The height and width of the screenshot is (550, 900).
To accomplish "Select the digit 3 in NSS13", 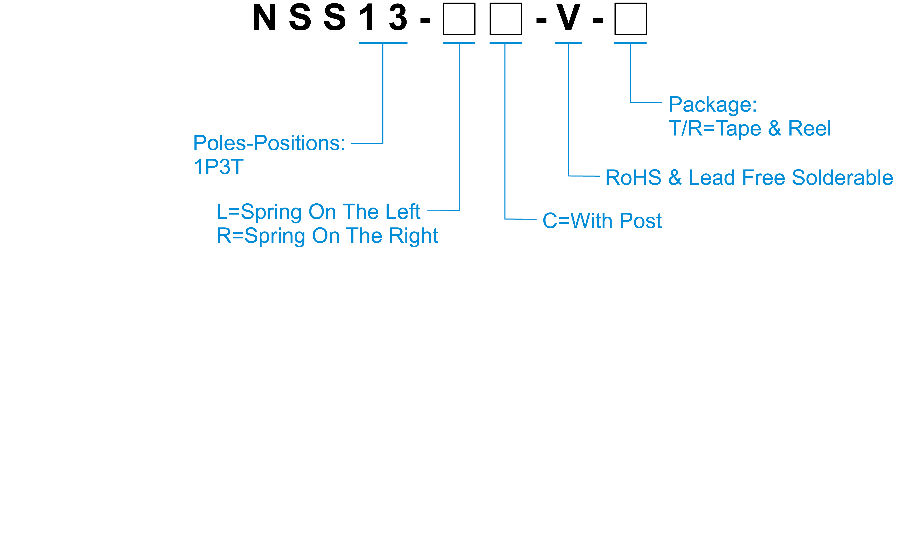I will [398, 18].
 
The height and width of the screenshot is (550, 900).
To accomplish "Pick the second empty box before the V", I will [506, 19].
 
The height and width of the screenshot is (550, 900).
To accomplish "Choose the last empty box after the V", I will [630, 19].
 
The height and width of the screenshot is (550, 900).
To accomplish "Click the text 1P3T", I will [218, 167].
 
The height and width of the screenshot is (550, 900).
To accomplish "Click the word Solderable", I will [842, 178].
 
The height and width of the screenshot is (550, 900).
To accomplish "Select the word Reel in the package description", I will [809, 129].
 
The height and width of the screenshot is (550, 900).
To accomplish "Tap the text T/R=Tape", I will [715, 129].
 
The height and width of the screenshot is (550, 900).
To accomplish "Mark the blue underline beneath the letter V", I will [568, 43].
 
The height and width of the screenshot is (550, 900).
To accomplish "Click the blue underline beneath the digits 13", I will [383, 43].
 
